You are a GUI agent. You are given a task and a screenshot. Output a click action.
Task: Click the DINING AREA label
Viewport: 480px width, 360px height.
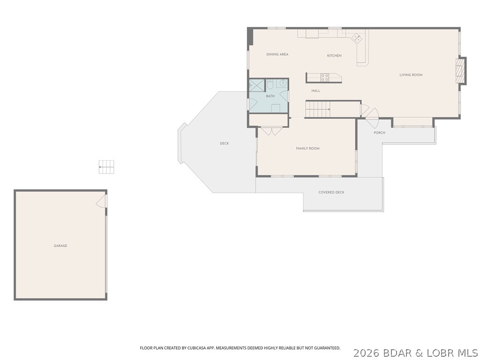tap(277, 54)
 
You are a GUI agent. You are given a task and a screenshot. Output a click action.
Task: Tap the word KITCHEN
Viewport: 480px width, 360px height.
tap(334, 56)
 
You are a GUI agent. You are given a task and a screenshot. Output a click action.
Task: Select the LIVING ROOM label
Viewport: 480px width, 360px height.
tap(411, 75)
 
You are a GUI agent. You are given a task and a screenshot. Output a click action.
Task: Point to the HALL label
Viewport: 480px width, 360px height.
tap(316, 90)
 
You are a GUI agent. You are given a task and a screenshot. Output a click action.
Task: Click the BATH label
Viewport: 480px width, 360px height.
tap(270, 96)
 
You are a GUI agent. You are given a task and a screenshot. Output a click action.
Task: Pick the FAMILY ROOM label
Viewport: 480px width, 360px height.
tap(307, 149)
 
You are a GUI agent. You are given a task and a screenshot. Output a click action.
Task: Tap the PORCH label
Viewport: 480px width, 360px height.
tap(379, 133)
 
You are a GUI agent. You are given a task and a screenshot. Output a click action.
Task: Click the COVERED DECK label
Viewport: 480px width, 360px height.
tap(331, 193)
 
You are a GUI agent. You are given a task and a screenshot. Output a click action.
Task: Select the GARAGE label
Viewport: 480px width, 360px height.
tap(60, 246)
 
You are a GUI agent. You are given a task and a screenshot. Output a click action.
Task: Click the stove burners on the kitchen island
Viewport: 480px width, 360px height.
tap(325, 77)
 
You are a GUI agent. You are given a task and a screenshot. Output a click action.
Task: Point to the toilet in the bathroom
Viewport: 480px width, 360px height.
tap(270, 85)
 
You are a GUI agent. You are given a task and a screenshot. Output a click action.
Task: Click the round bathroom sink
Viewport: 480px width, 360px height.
tap(283, 83)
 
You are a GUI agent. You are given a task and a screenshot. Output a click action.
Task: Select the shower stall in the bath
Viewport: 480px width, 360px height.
tap(256, 85)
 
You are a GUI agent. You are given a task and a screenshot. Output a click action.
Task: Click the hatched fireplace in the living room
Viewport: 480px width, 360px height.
tap(462, 71)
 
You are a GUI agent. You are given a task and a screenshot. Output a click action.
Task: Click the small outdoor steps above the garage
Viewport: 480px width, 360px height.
tap(106, 167)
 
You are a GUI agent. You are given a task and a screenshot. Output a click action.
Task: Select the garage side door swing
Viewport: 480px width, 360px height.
tap(102, 202)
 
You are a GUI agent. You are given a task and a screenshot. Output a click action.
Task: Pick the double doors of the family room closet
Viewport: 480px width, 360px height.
tap(271, 131)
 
